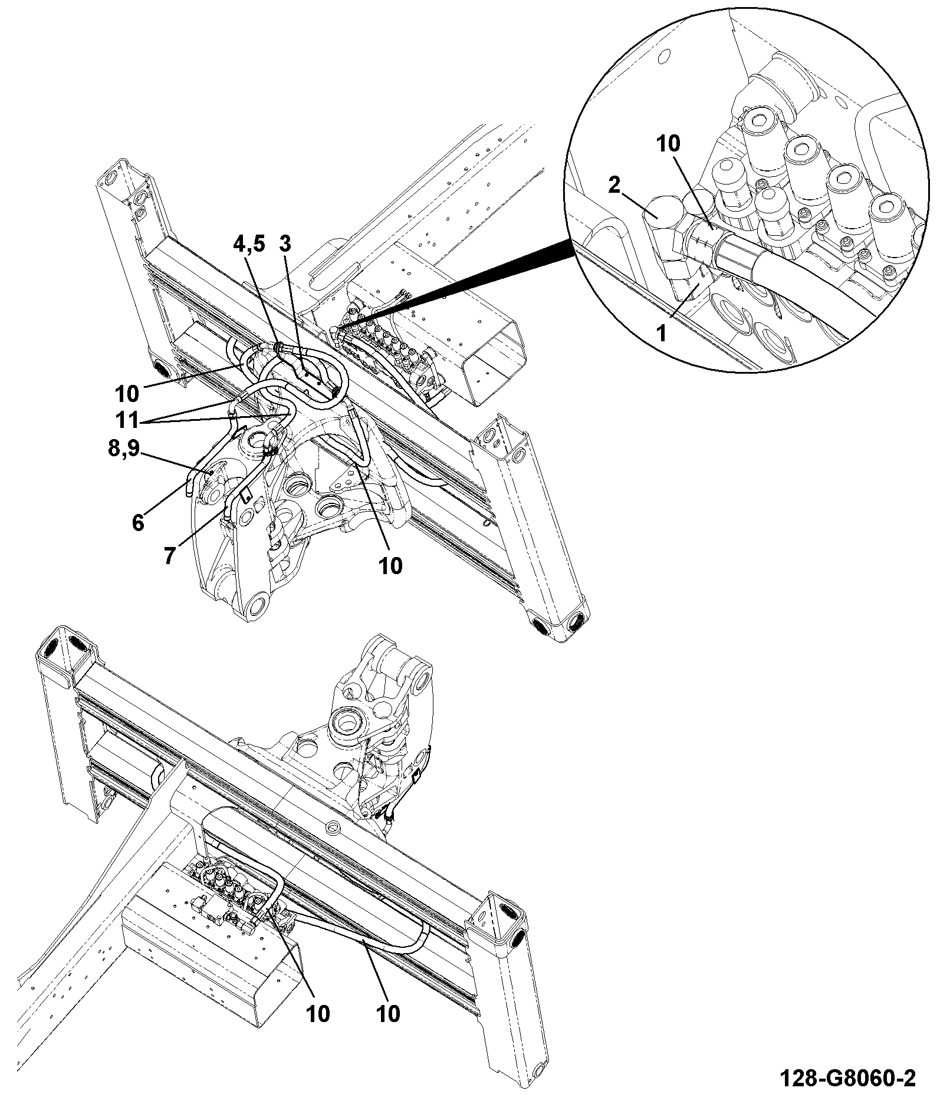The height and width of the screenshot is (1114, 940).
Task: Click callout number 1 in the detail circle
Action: (x=662, y=334)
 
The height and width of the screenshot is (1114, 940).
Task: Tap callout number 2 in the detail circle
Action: (x=614, y=186)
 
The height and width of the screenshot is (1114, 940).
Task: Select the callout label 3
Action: (x=285, y=244)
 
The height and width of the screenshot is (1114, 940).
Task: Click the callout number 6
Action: (x=138, y=522)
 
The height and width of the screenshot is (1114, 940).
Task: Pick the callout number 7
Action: (x=170, y=556)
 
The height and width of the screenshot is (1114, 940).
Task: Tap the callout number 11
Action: (x=127, y=421)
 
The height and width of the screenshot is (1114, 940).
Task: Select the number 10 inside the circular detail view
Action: (x=669, y=144)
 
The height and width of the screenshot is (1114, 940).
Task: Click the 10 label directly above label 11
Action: (x=127, y=393)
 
